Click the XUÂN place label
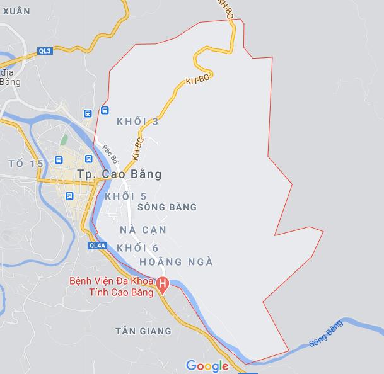pos(16,11)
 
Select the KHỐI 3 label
pos(137,121)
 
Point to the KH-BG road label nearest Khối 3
pos(137,148)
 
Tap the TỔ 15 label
pos(26,164)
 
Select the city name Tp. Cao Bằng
pos(119,174)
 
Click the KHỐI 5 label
pos(126,197)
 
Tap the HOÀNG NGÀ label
pos(176,262)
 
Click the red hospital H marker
pos(163,285)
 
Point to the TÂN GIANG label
pos(144,331)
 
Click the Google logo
pos(207,366)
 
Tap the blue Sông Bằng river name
pos(325,334)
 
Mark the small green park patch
pos(63,139)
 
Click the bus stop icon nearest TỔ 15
pos(58,160)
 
